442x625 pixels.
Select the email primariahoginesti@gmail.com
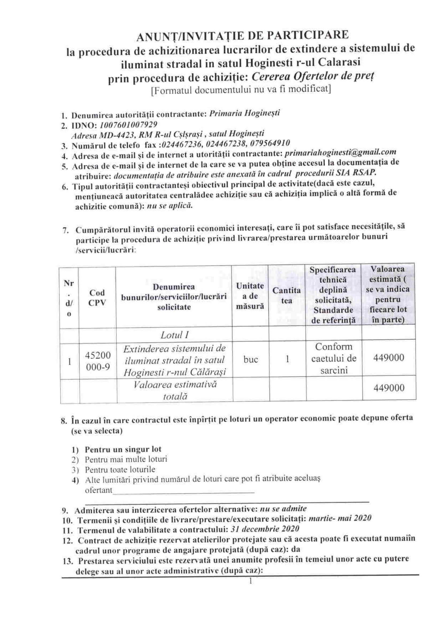coord(340,152)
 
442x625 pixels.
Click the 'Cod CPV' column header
coord(97,297)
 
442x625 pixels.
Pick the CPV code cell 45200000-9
coord(98,361)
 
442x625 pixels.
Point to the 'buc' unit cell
coord(250,359)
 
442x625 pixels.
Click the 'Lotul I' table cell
coord(175,335)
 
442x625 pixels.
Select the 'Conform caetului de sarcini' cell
coord(334,359)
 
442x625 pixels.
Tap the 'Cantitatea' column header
coord(286,295)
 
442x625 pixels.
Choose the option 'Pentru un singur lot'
coord(123,449)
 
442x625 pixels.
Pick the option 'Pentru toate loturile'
coord(120,469)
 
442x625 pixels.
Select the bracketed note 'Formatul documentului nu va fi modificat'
coord(241,90)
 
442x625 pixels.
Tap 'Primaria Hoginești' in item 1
coord(245,113)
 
